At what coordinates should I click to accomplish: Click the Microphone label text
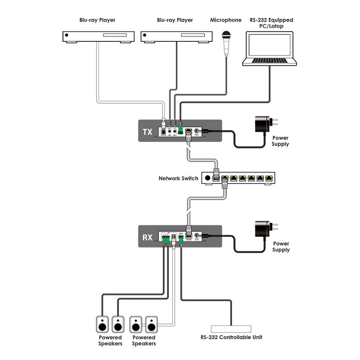point(225,20)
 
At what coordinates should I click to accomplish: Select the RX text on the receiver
point(148,237)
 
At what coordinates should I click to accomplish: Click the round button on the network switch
point(208,178)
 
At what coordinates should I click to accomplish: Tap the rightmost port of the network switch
point(269,178)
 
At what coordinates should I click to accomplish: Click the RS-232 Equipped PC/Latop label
point(271,24)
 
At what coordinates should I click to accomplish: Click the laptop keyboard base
point(270,62)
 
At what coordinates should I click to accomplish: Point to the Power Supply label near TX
point(280,141)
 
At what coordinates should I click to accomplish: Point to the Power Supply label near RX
point(280,247)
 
